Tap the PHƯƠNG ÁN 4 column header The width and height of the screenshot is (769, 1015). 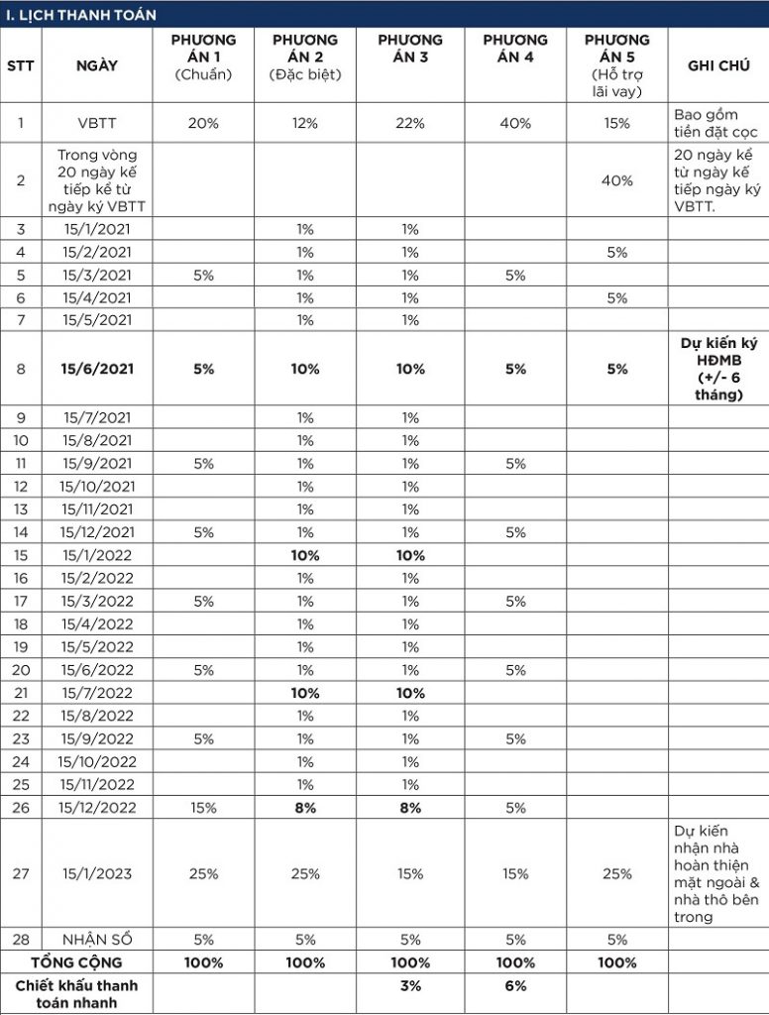click(x=514, y=49)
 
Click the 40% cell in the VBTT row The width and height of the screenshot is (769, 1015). click(x=514, y=124)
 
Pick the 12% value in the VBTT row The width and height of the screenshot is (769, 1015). click(x=305, y=124)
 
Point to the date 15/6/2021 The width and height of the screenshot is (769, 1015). click(x=96, y=369)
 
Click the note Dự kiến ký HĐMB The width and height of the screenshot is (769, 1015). click(x=718, y=369)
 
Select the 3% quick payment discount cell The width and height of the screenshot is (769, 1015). click(x=410, y=986)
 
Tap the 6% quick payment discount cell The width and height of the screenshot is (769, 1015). click(x=514, y=986)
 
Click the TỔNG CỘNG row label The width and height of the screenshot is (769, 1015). click(x=76, y=962)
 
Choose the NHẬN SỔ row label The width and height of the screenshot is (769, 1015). click(x=96, y=940)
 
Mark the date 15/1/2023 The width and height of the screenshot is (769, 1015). click(x=96, y=873)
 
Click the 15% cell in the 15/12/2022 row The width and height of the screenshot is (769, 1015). click(x=203, y=808)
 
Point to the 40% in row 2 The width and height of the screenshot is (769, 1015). click(x=617, y=180)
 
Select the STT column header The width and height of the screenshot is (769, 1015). click(x=20, y=65)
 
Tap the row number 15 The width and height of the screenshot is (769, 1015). click(x=20, y=555)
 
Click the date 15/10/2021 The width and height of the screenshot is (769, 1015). click(x=96, y=486)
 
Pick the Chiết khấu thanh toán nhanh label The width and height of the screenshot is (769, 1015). click(x=76, y=993)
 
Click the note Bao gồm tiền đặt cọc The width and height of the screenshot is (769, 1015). click(x=709, y=124)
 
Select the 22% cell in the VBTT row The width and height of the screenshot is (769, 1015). click(x=410, y=124)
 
